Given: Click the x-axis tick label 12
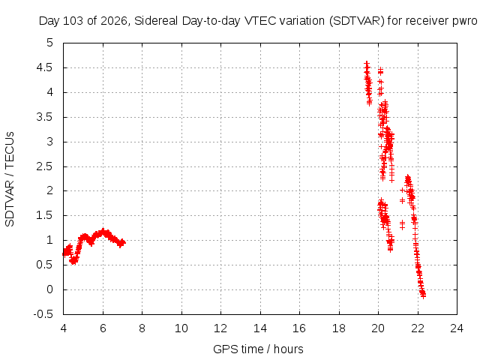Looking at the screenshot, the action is (x=220, y=328).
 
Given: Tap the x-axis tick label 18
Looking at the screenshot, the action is (x=339, y=328).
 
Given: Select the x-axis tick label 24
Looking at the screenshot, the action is (x=457, y=328).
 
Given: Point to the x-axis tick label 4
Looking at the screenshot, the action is (x=63, y=328).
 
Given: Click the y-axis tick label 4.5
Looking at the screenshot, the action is (x=45, y=67).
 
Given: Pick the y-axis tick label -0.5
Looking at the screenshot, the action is (x=43, y=314).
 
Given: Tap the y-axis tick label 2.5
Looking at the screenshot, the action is (x=45, y=166).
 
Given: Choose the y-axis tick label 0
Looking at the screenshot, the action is (x=50, y=289).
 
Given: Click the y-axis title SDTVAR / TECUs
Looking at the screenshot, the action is (x=10, y=179).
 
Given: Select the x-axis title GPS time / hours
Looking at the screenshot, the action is (x=258, y=349).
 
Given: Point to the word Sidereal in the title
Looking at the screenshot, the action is (x=156, y=21).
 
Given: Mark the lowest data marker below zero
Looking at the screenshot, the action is (x=423, y=296).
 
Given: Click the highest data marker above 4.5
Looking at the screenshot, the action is (x=367, y=64).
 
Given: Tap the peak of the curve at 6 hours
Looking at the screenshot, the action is (x=103, y=230).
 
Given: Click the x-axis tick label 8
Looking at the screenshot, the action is (x=142, y=328).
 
